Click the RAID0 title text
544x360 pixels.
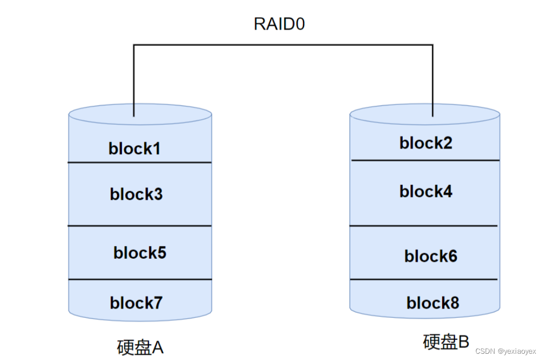[279, 24]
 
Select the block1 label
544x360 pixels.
[135, 149]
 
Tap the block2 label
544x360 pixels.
[426, 143]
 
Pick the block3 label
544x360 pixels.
[136, 194]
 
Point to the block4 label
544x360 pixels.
[426, 192]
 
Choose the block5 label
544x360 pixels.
[140, 253]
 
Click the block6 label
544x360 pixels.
[431, 256]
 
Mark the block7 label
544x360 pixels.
[136, 302]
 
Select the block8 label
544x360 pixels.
[432, 303]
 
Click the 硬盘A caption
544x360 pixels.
[140, 347]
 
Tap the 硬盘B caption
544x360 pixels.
[446, 342]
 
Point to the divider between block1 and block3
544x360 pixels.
[140, 163]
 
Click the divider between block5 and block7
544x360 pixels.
[140, 279]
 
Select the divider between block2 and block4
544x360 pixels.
[425, 161]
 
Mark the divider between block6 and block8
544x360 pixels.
[423, 279]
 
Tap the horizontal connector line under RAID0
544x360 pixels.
[283, 45]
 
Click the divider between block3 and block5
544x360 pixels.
[140, 226]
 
